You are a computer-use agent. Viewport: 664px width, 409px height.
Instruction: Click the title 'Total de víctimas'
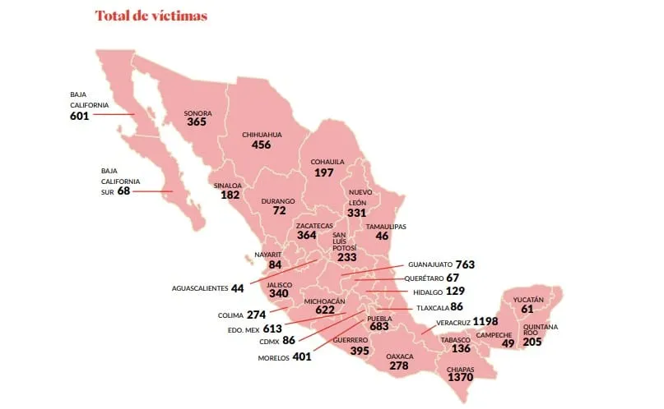point(151,16)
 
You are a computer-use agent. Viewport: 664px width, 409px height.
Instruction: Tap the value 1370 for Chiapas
point(461,379)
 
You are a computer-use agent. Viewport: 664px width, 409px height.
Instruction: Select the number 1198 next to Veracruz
point(487,320)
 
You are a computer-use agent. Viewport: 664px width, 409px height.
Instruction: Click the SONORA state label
point(197,113)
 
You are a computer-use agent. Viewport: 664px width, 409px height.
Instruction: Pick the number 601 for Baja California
point(80,116)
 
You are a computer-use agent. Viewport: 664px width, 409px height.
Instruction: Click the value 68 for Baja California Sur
point(124,191)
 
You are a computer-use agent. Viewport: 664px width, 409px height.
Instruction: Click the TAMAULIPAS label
point(386,226)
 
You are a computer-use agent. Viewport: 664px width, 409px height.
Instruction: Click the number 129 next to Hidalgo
point(456,292)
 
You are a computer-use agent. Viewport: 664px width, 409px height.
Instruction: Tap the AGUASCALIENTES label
point(200,288)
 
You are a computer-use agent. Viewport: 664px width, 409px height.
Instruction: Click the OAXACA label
point(399,356)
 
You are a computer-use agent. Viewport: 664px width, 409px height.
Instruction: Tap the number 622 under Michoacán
point(324,310)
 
